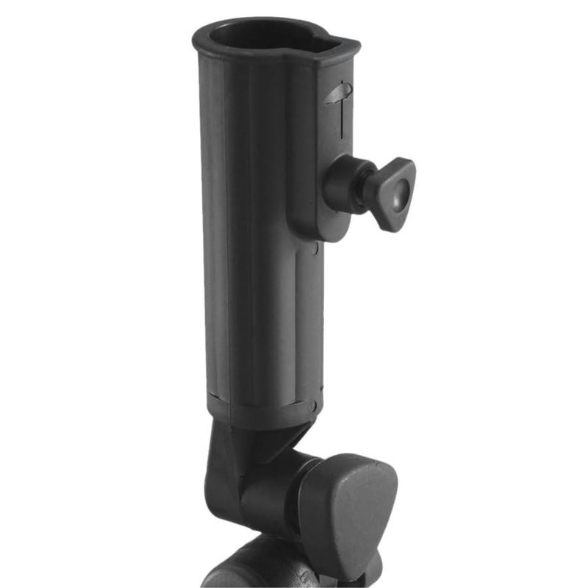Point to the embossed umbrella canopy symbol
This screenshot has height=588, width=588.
[x=339, y=92]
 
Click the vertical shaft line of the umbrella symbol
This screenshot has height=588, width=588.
[x=343, y=118]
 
